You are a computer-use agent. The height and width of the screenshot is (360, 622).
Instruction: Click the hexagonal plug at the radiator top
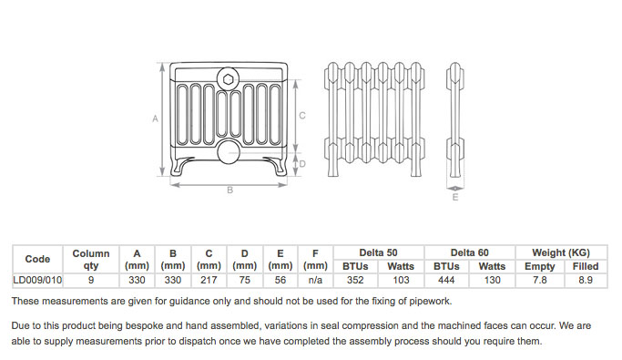(x=228, y=80)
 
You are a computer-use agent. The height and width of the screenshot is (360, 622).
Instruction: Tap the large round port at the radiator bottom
(x=229, y=152)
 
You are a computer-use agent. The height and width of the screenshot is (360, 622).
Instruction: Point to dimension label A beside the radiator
(x=155, y=118)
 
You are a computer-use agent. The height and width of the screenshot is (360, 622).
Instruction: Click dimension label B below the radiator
(x=230, y=190)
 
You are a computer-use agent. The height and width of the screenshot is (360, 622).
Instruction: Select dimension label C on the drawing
(x=302, y=116)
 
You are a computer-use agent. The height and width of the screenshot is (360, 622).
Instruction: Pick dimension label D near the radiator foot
(x=302, y=164)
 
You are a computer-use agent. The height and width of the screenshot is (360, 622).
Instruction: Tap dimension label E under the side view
(x=455, y=197)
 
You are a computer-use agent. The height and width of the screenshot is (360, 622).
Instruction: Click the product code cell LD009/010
(x=37, y=280)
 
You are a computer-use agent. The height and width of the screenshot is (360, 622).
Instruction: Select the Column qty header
(x=91, y=259)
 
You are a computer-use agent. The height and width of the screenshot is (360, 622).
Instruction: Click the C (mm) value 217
(x=209, y=280)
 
